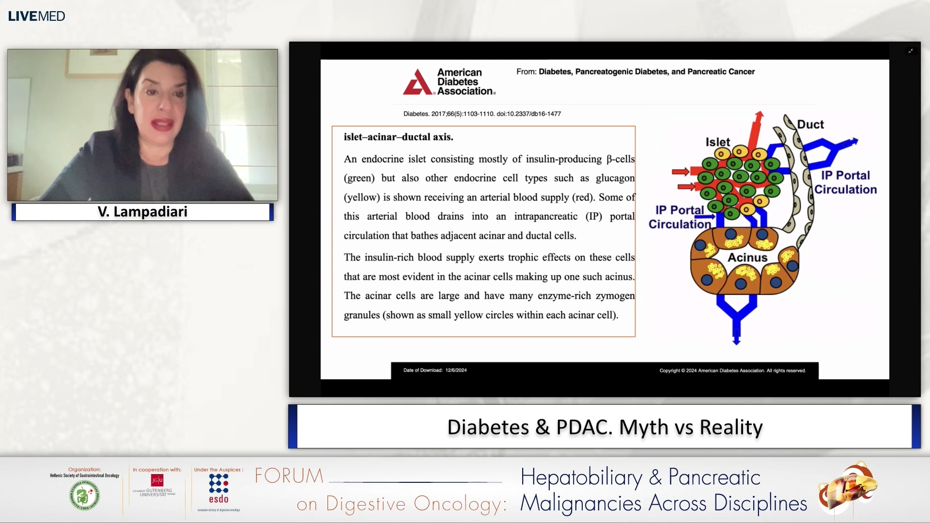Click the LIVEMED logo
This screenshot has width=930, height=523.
pyautogui.click(x=36, y=16)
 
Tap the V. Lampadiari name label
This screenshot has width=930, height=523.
pyautogui.click(x=142, y=212)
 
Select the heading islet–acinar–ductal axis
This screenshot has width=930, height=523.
pyautogui.click(x=398, y=137)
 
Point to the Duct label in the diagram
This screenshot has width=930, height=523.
pyautogui.click(x=810, y=124)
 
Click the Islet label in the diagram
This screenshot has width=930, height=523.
pyautogui.click(x=717, y=142)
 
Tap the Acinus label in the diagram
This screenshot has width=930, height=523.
pyautogui.click(x=747, y=258)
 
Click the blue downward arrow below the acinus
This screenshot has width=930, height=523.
pyautogui.click(x=736, y=334)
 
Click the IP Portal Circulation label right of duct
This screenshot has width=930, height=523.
pyautogui.click(x=845, y=182)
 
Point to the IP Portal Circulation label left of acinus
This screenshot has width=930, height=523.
pyautogui.click(x=680, y=217)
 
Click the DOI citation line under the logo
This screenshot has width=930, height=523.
pyautogui.click(x=482, y=114)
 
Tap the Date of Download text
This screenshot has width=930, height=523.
pyautogui.click(x=434, y=370)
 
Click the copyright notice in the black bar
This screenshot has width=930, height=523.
pyautogui.click(x=732, y=370)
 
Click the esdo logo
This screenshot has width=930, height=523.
pyautogui.click(x=218, y=489)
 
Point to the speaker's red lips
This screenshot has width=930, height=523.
pyautogui.click(x=162, y=123)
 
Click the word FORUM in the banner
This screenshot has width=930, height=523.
pyautogui.click(x=289, y=476)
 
